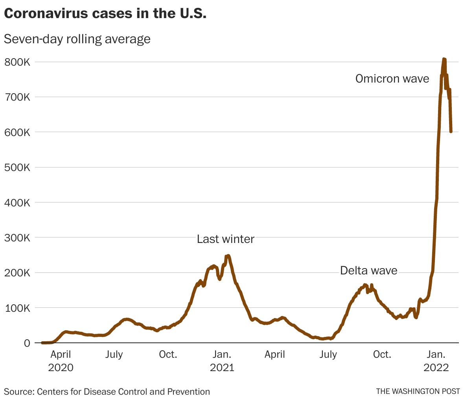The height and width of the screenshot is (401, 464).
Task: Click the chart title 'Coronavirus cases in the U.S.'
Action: tap(105, 13)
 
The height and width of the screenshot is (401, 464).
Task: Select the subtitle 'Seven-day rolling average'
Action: tap(77, 39)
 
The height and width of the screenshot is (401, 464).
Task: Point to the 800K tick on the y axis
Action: tap(16, 62)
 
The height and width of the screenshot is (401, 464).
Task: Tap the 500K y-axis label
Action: tap(16, 167)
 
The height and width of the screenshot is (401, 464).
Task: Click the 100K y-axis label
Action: tap(16, 308)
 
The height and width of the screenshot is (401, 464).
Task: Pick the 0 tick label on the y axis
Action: tap(27, 343)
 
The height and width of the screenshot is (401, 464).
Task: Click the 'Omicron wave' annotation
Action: tap(392, 79)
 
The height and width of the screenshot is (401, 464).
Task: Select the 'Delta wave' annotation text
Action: tap(368, 270)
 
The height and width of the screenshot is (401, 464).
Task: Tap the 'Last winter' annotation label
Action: tap(225, 239)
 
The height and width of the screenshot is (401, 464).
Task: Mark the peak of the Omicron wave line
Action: tap(444, 59)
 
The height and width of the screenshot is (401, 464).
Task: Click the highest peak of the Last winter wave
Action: tap(228, 256)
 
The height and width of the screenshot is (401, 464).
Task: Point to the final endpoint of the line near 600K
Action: tap(451, 131)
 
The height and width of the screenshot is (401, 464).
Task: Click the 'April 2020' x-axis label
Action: tap(61, 361)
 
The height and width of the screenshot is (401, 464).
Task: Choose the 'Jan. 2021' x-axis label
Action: tap(222, 361)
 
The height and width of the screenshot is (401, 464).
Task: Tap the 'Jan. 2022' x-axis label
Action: tap(436, 361)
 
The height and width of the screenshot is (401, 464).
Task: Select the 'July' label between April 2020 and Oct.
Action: tap(114, 355)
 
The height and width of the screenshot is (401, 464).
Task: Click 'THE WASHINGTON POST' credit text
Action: tap(418, 392)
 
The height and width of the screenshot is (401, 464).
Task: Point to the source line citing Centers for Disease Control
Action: tap(107, 392)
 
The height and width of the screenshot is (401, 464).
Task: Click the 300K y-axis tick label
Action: tap(16, 238)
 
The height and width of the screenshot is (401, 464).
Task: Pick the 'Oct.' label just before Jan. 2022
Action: tap(382, 355)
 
